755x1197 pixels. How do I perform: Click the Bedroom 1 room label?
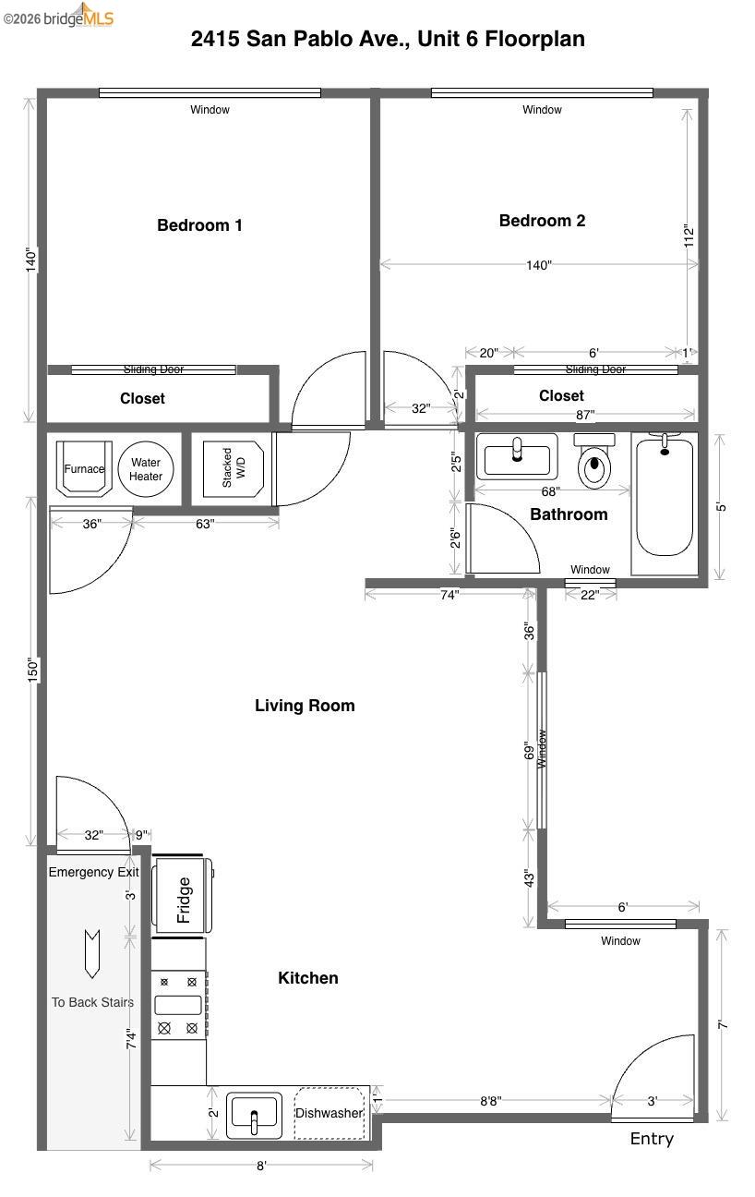click(199, 225)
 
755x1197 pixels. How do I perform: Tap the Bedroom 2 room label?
click(542, 221)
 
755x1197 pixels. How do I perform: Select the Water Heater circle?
click(146, 469)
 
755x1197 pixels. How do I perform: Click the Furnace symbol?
click(84, 469)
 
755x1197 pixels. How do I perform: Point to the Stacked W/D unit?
click(233, 469)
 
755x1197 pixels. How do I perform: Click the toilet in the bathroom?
click(593, 465)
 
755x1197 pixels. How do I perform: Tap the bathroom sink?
click(517, 456)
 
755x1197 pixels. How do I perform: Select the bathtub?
click(664, 498)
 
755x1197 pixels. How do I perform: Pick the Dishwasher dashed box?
click(329, 1114)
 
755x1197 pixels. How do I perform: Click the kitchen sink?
click(255, 1114)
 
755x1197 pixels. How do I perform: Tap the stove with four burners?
click(178, 1005)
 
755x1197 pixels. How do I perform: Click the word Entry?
click(652, 1139)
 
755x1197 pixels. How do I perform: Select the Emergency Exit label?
click(93, 872)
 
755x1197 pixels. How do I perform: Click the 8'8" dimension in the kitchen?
click(491, 1101)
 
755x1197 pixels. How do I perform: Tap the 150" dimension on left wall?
click(33, 671)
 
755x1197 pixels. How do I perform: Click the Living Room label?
click(305, 706)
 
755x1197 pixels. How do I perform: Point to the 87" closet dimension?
click(585, 415)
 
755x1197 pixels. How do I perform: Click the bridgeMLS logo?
click(59, 16)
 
